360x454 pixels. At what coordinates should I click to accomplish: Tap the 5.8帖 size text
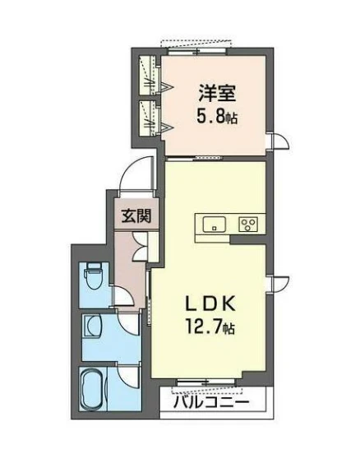pos(215,116)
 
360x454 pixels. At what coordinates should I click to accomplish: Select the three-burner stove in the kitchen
pos(247,224)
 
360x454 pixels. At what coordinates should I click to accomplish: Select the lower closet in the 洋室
pos(150,118)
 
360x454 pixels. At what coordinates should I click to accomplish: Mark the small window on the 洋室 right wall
pos(279,141)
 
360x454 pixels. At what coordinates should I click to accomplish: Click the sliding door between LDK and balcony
pos(209,382)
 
